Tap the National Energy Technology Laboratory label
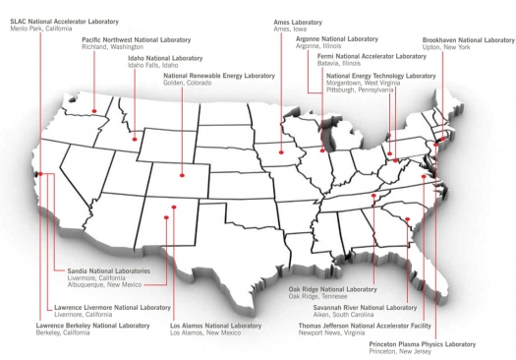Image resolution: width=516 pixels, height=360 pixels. click(x=381, y=75)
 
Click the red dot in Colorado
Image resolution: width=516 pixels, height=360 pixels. click(x=181, y=175)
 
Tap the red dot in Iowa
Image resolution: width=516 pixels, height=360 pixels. click(x=282, y=152)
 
